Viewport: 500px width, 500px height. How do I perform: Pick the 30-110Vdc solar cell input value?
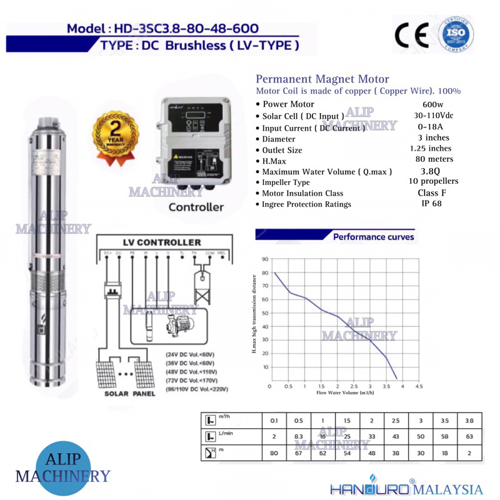coord(432,116)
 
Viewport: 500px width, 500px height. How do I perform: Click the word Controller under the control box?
coord(196,207)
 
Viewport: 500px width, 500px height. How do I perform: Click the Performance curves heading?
coord(373,237)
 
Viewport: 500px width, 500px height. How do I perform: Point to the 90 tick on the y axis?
coord(266,258)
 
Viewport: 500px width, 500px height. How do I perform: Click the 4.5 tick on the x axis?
coord(419,386)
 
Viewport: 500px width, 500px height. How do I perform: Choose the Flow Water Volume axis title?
coord(336,394)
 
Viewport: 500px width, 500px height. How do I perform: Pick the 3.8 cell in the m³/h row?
coord(469,419)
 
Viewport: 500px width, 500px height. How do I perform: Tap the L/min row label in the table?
coord(221,435)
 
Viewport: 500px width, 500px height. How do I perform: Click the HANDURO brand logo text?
coord(371,487)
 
